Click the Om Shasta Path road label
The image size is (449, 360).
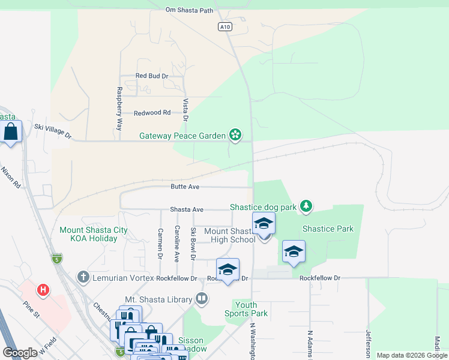pyautogui.click(x=189, y=10)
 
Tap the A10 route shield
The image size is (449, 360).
pyautogui.click(x=224, y=27)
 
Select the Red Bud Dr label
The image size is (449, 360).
pyautogui.click(x=152, y=76)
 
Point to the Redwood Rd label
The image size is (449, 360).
pyautogui.click(x=152, y=113)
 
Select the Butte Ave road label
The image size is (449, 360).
pyautogui.click(x=185, y=187)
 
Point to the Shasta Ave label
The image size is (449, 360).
pyautogui.click(x=187, y=209)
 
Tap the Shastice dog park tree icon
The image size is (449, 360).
pyautogui.click(x=307, y=207)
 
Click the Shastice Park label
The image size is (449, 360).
pyautogui.click(x=328, y=229)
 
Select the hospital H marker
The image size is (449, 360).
pyautogui.click(x=43, y=291)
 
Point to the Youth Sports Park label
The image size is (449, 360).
pyautogui.click(x=246, y=309)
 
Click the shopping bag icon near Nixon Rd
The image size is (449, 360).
pyautogui.click(x=11, y=131)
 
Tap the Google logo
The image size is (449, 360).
pyautogui.click(x=20, y=353)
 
